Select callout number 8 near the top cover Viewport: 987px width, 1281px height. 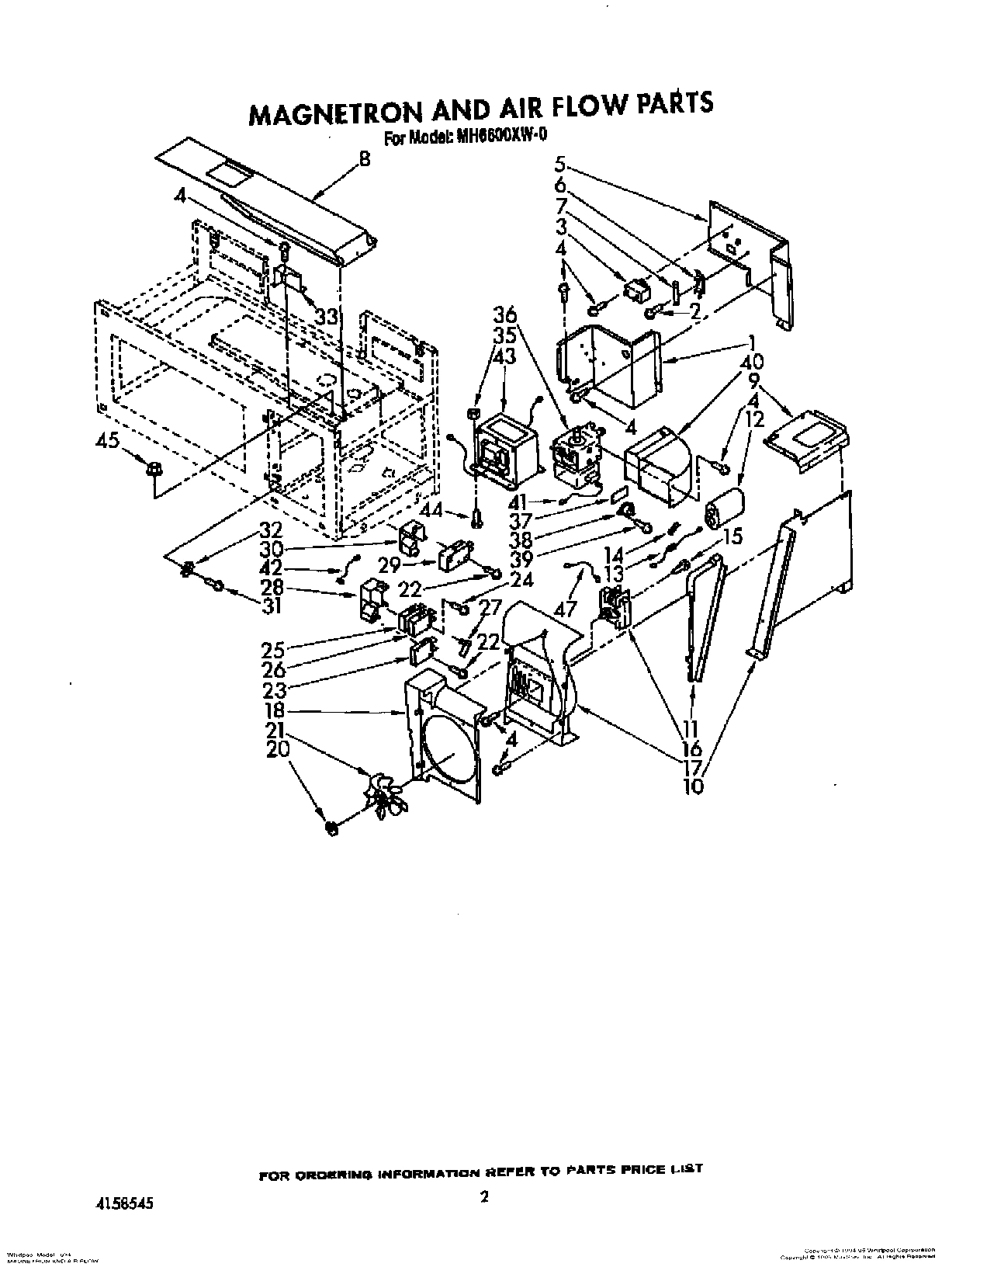[x=364, y=161]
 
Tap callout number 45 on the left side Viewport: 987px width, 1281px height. [x=108, y=441]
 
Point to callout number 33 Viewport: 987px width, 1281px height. [x=328, y=317]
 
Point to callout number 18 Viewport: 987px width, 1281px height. [x=274, y=711]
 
